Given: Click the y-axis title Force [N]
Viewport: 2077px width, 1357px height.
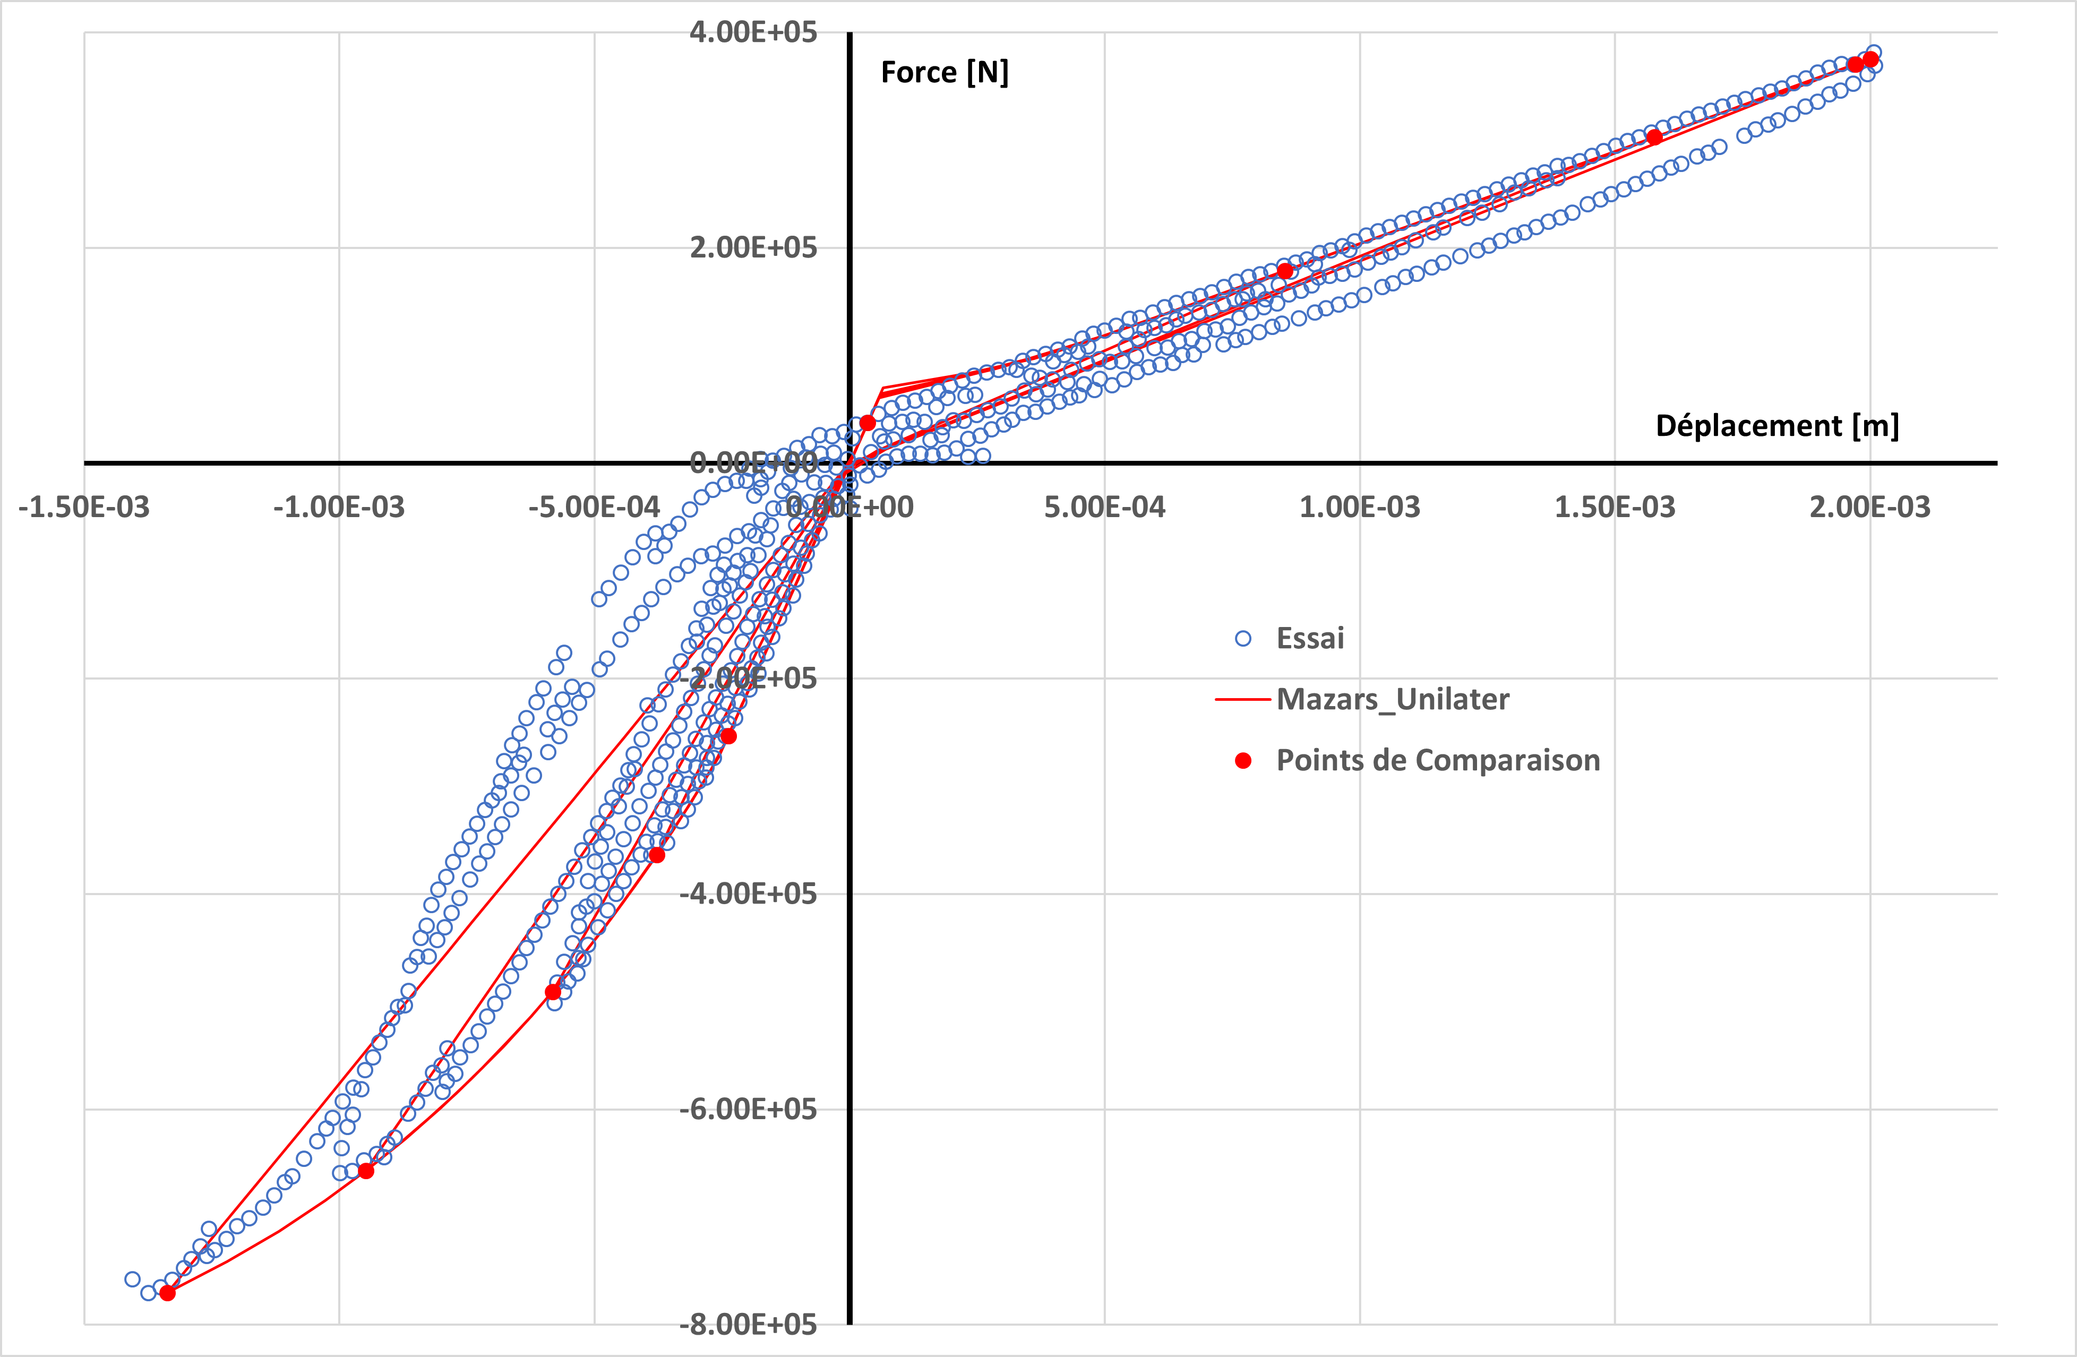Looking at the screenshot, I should pos(944,72).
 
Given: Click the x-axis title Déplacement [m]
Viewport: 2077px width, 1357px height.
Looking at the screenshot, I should pos(1777,426).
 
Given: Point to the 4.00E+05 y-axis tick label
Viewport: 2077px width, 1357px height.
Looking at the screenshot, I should pos(753,32).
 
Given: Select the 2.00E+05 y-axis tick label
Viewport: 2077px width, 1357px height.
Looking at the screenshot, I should pos(753,248).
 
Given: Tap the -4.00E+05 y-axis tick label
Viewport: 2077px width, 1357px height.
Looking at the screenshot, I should pos(748,894).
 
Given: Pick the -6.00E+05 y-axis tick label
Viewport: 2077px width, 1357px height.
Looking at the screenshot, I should pos(748,1109).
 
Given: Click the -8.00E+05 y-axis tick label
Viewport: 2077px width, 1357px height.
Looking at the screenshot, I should pos(748,1325).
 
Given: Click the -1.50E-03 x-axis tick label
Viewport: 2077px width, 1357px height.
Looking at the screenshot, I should pos(84,507).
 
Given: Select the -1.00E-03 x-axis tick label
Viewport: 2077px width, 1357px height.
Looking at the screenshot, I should pos(339,507).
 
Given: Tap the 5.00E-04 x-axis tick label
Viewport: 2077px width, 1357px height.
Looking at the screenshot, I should pos(1105,507).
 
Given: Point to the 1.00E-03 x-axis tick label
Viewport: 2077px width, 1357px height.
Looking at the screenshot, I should pos(1360,507).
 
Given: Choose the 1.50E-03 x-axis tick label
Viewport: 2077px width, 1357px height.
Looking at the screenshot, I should pos(1615,507).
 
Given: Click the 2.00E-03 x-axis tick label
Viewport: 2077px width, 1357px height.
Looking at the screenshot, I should pos(1869,507).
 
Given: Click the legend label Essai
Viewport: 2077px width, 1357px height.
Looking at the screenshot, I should pos(1310,639).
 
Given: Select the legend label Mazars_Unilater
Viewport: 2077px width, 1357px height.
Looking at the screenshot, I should pos(1393,700).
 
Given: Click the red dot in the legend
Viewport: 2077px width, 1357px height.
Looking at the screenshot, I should pos(1243,761).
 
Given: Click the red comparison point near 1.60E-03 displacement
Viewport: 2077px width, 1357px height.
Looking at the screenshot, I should pos(1654,137).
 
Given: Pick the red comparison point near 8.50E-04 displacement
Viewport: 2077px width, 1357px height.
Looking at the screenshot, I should pos(1285,271).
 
